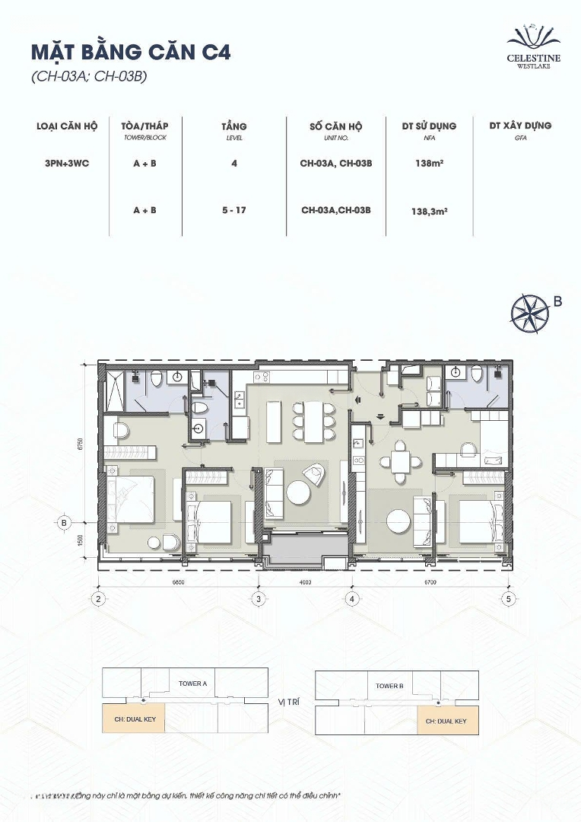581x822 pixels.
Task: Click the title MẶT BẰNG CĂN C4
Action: [130, 52]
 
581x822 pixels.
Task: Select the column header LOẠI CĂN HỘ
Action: [67, 126]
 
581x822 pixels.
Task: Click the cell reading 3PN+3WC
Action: [67, 163]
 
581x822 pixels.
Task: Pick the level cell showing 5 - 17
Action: [234, 210]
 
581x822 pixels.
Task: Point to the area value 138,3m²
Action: [429, 212]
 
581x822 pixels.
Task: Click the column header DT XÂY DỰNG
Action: [520, 126]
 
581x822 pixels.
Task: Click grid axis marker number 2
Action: [98, 599]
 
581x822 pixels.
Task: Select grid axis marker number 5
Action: [508, 599]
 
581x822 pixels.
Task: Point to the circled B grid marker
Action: [64, 523]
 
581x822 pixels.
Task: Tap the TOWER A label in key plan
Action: [192, 683]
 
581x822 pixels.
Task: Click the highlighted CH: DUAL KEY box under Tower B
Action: [447, 720]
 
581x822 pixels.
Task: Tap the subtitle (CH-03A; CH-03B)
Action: [88, 76]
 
